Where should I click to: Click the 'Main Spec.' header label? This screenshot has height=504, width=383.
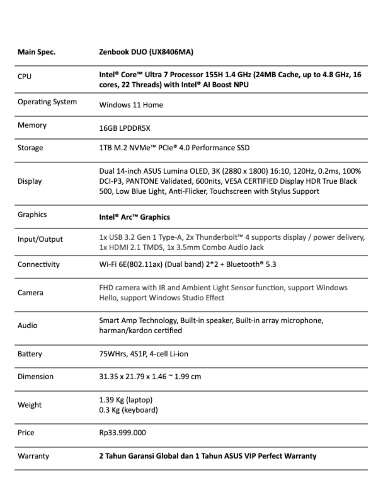click(x=37, y=52)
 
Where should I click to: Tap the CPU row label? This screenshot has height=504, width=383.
click(x=24, y=76)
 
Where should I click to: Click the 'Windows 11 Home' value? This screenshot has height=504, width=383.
click(x=131, y=105)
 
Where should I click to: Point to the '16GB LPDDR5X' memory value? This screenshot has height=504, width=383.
click(x=124, y=128)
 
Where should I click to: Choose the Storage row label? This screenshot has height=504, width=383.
click(x=30, y=148)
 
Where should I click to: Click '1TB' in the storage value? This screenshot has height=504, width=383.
click(x=105, y=148)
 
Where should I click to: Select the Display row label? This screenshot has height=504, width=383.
click(x=29, y=181)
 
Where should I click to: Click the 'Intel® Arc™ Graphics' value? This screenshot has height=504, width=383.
click(x=134, y=217)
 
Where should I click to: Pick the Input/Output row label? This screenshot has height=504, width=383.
click(x=40, y=239)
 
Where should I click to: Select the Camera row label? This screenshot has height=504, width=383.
click(x=30, y=293)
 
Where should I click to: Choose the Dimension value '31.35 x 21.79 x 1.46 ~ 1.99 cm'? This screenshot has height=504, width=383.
click(x=150, y=377)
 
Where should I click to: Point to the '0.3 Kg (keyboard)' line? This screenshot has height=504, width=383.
click(x=128, y=410)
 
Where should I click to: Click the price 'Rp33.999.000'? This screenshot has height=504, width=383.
click(x=122, y=433)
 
